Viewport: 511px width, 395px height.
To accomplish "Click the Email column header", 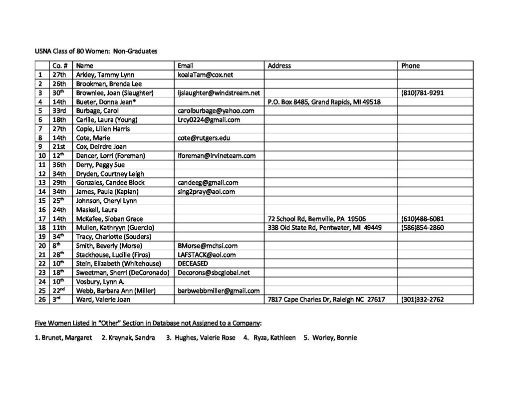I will click(186, 65).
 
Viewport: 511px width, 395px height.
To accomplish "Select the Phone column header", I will click(410, 65).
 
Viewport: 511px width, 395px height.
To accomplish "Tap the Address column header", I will click(279, 65).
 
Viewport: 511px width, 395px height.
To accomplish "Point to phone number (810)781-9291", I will click(422, 92).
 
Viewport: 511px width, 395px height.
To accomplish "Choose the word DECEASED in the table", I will click(193, 263).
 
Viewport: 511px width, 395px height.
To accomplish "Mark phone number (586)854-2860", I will click(422, 227).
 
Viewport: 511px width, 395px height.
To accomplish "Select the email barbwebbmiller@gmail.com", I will click(219, 290).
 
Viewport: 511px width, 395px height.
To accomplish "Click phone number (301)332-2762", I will click(422, 299).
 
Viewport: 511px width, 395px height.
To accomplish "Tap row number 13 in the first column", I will click(41, 182).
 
